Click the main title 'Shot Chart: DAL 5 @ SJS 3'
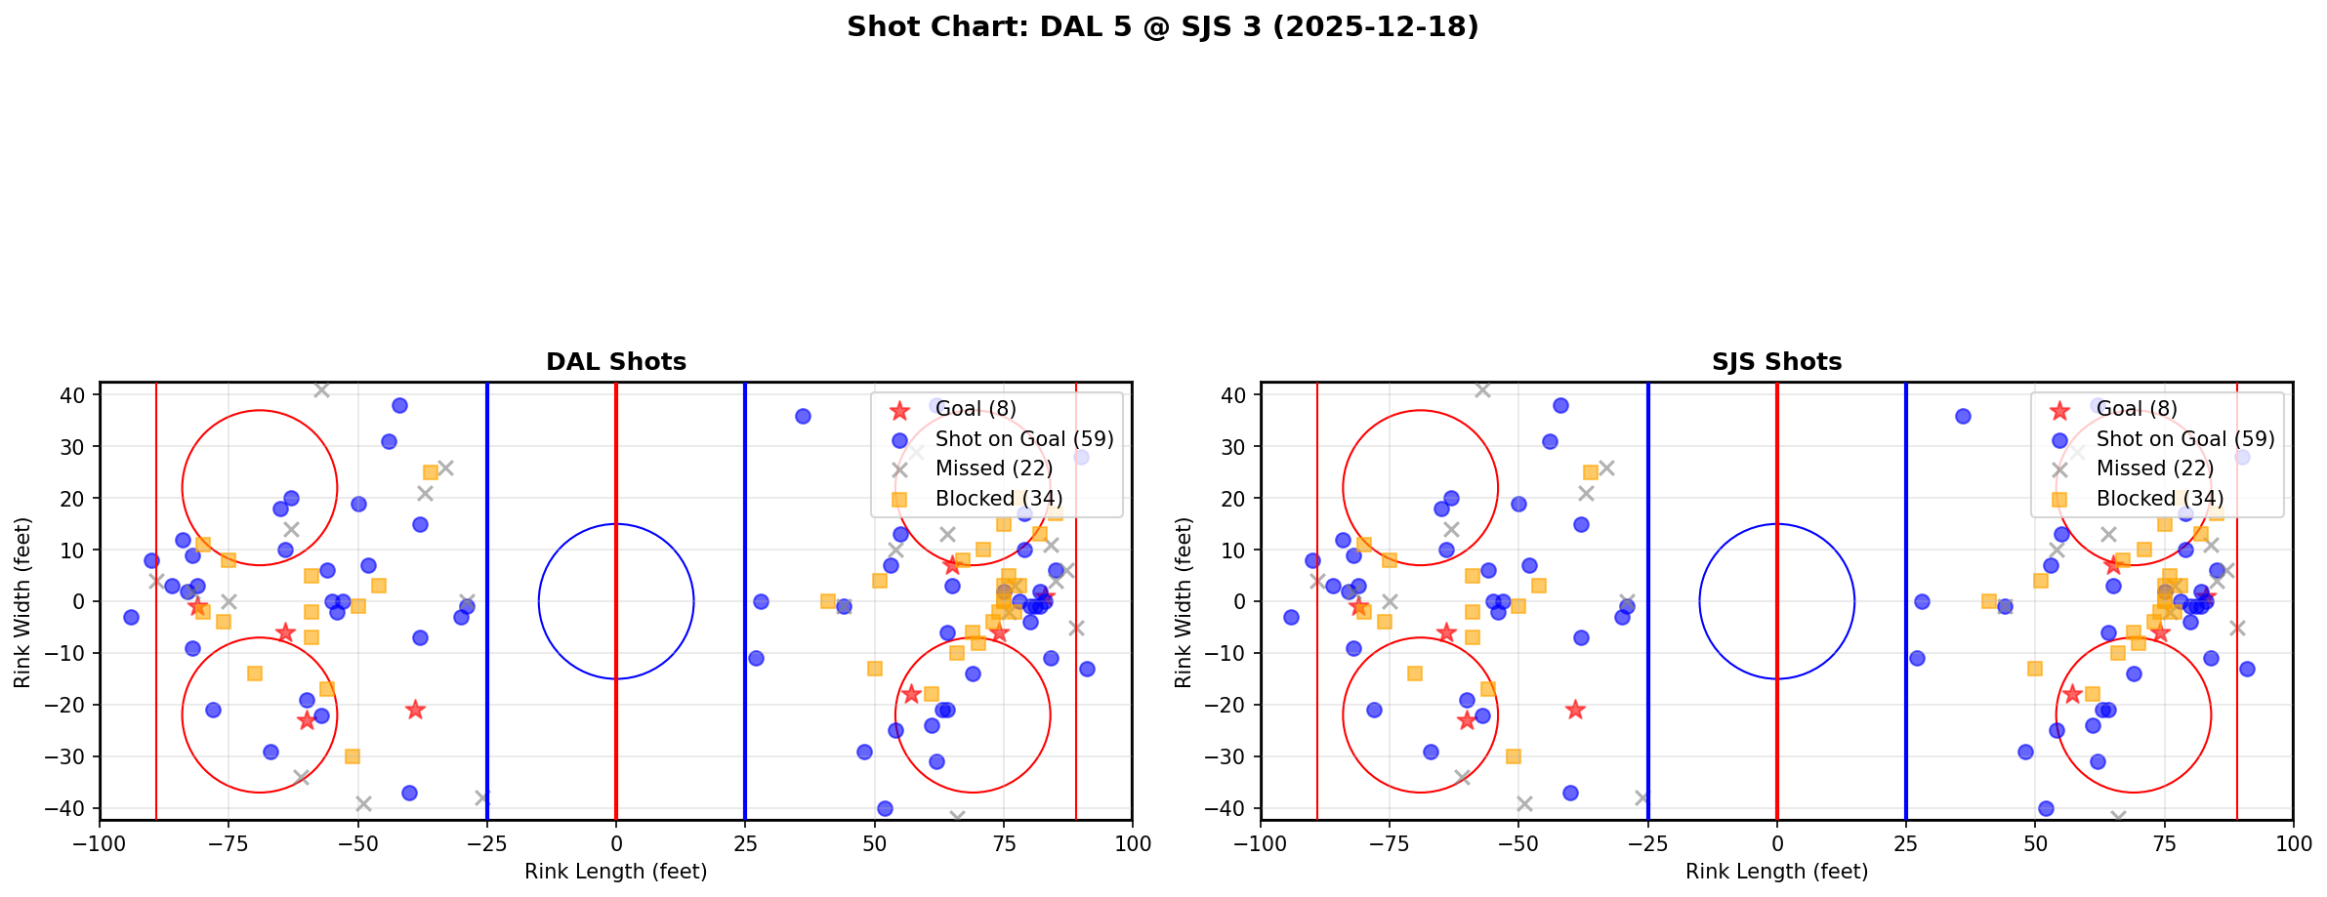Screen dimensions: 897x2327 (1162, 27)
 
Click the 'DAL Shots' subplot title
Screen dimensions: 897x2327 (616, 362)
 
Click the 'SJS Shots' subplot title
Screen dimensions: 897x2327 (1776, 362)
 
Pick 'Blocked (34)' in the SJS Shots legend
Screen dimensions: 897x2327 (2160, 499)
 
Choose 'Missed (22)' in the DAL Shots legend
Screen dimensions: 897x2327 (993, 469)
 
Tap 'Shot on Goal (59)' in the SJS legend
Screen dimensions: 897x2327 (2185, 439)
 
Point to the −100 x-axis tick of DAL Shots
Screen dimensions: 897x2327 (100, 842)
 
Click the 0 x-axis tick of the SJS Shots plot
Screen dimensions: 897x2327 (1776, 842)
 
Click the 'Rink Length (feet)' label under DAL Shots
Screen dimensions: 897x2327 (616, 872)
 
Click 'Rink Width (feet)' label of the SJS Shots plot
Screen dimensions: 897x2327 (1184, 602)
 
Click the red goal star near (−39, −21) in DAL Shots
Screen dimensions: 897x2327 (415, 710)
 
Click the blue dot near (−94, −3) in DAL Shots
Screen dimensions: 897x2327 (131, 617)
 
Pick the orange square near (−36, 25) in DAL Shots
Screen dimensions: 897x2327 (431, 472)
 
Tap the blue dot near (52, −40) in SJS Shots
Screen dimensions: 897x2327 (2046, 808)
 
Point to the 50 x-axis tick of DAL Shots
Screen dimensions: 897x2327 (874, 842)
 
